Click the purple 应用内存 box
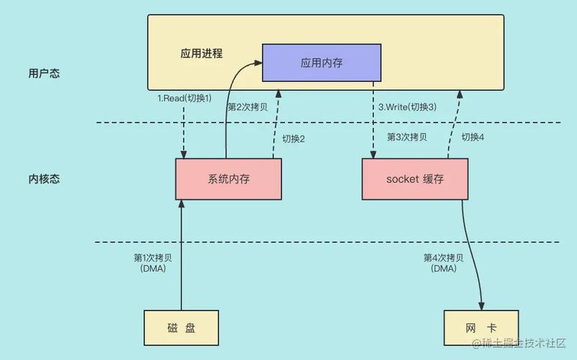click(321, 63)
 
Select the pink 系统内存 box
click(228, 179)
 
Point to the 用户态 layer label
click(43, 73)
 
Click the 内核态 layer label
click(43, 179)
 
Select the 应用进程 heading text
click(201, 54)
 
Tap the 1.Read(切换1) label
click(185, 98)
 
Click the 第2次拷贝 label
click(247, 107)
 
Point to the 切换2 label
click(293, 139)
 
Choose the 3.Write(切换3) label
click(407, 107)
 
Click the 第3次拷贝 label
click(407, 137)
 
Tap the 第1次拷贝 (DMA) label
click(150, 263)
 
